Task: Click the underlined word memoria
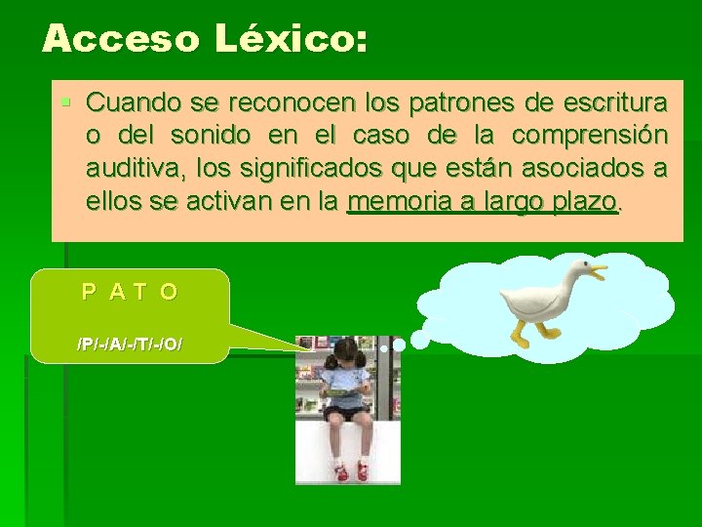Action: [392, 202]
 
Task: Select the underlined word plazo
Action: [584, 202]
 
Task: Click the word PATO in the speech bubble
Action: [130, 291]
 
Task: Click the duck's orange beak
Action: [595, 268]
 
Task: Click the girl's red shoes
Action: [351, 471]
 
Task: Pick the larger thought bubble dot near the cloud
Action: [420, 339]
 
